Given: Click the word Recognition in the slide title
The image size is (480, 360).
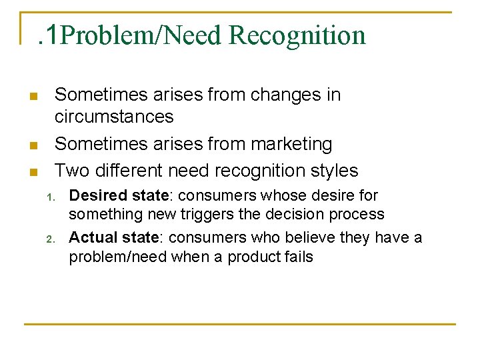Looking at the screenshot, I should click(297, 35).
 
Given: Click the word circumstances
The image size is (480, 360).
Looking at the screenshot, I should click(113, 117).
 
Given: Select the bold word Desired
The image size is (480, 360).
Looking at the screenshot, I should click(95, 196).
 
